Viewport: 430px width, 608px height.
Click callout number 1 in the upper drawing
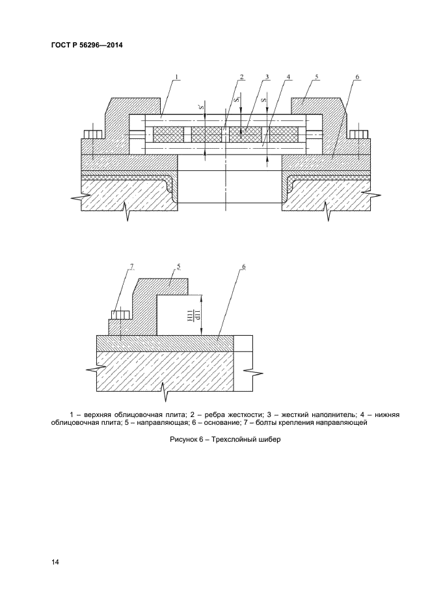[176, 77]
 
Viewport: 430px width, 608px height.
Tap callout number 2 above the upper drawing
[241, 77]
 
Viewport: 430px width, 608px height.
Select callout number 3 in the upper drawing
[267, 77]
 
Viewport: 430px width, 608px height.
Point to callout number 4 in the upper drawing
[288, 77]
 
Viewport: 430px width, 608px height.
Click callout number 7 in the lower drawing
[132, 266]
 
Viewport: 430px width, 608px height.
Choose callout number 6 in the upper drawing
[357, 77]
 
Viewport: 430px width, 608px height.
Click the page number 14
[55, 562]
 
